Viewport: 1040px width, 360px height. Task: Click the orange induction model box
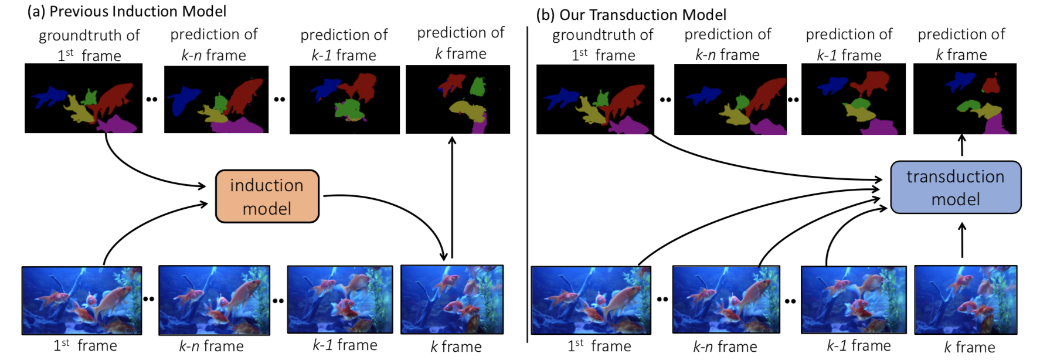pos(267,196)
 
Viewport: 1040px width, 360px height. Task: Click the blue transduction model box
pos(956,187)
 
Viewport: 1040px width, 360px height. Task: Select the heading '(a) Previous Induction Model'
pos(127,11)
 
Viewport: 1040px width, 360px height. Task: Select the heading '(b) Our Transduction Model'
pos(631,15)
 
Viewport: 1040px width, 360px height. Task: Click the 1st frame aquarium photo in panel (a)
pos(81,300)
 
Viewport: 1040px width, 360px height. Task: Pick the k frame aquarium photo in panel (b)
pos(966,300)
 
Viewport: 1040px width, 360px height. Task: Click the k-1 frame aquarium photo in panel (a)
pos(339,300)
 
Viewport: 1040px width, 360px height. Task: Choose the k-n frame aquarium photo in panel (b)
pos(726,300)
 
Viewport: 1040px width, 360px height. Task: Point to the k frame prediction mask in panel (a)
pos(457,99)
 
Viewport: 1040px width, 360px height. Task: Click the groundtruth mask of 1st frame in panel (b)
pos(595,99)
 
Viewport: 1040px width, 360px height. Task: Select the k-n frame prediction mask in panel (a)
pos(216,99)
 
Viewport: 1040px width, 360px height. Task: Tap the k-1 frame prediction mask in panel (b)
pos(853,99)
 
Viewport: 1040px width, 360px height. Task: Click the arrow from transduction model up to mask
pos(962,146)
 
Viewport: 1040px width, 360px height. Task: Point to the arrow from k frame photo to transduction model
pos(962,240)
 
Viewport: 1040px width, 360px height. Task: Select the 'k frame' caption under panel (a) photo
pos(456,347)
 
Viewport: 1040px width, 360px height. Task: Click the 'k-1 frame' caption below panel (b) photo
pos(858,346)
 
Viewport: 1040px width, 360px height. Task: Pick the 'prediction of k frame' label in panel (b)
pos(961,45)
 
